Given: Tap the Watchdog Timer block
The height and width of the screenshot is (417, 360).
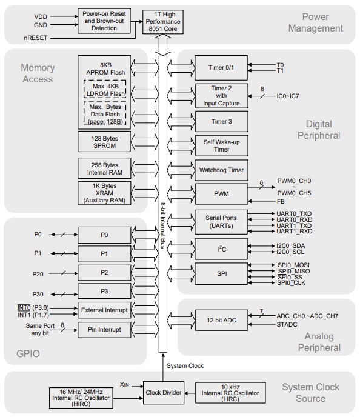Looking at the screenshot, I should (x=221, y=170).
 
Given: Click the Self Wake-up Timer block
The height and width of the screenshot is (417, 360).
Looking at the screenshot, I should (x=221, y=145).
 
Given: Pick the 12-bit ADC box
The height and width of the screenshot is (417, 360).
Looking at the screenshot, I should (x=221, y=319).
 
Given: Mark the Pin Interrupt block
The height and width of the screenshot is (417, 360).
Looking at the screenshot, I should (x=104, y=330).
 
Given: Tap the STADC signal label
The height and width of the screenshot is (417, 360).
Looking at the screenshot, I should (x=288, y=324).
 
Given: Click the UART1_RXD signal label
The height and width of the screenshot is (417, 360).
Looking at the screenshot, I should (x=295, y=232).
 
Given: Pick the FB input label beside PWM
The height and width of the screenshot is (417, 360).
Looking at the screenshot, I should (x=281, y=201).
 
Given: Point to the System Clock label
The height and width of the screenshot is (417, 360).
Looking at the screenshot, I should (x=185, y=365).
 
